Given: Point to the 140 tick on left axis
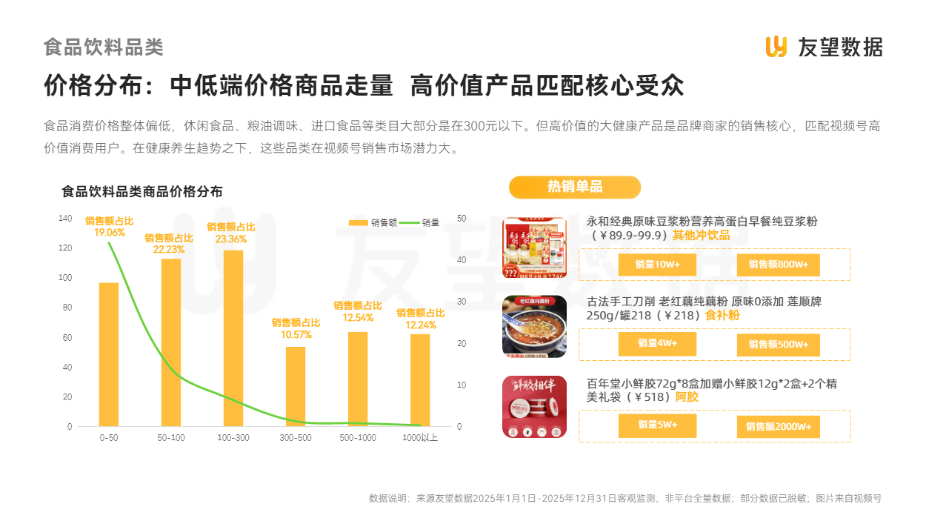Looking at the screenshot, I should click(66, 218).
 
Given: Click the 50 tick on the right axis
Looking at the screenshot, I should click(462, 218).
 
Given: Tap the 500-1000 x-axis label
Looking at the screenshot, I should click(358, 438).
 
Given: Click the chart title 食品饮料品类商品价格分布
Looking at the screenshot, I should click(142, 191).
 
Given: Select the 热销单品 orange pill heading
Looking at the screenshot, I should click(574, 187).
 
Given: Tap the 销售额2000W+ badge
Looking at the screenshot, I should click(778, 427).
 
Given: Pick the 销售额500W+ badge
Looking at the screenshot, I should click(778, 345).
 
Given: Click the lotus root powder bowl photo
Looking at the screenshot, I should click(534, 327).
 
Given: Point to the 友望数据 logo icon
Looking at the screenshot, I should click(776, 46).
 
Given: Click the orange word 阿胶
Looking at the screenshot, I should click(687, 397).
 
